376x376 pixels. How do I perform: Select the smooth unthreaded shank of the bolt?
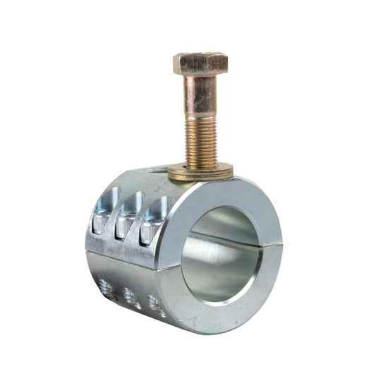tap(200, 95)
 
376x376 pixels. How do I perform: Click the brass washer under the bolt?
tap(201, 171)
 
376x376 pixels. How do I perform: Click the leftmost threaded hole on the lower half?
tap(106, 286)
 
